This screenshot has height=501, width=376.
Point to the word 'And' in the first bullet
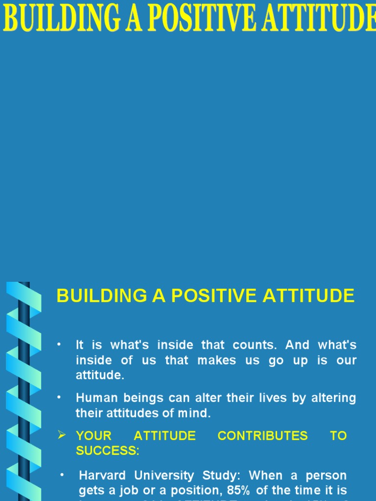point(298,345)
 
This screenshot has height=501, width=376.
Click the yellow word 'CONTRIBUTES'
point(263,436)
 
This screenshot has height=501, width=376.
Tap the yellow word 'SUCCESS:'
point(108,451)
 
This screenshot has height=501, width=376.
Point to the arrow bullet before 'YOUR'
point(62,435)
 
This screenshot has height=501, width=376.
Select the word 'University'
point(164,476)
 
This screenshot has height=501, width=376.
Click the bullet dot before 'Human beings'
point(59,397)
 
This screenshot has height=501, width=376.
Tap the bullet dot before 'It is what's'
point(59,344)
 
